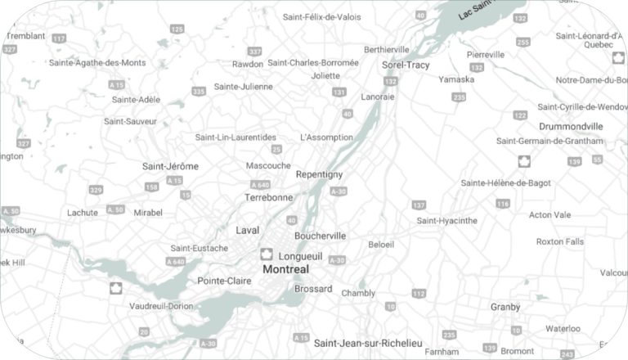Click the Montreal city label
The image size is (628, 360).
pos(286,269)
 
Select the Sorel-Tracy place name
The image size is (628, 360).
pos(406,65)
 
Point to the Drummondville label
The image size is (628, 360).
pos(571,127)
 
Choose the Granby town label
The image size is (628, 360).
pos(505,307)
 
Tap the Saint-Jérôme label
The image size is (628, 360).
pos(170,166)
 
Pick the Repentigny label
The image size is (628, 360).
pos(319,175)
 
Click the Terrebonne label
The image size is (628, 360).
pos(268,197)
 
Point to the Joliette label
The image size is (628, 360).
pos(325,75)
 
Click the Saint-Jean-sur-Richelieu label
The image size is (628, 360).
pos(368,342)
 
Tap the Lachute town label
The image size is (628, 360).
pos(83,213)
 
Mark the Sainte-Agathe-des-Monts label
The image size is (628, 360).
pos(97,62)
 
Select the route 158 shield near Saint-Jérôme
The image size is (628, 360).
pos(151,187)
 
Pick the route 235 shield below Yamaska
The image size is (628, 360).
pos(459,97)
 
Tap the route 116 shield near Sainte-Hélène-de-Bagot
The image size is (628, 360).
pos(502,203)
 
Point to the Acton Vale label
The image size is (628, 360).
pos(549,215)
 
